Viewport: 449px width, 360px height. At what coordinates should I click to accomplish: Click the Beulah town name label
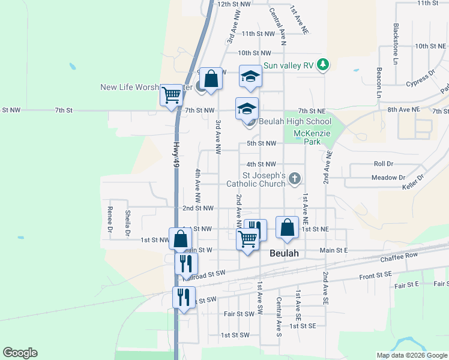[284, 253]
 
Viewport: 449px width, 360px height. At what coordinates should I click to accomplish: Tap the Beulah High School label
[295, 121]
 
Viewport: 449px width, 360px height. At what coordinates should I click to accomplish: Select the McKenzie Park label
[316, 137]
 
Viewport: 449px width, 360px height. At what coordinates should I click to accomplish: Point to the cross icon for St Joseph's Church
[294, 178]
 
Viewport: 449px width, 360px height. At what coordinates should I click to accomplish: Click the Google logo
[20, 353]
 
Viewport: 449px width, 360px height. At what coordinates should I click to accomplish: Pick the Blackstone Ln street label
[396, 36]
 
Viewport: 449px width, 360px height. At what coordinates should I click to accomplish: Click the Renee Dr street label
[110, 220]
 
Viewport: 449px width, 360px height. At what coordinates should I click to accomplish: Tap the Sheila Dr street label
[127, 222]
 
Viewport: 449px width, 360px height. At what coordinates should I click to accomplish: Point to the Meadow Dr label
[388, 178]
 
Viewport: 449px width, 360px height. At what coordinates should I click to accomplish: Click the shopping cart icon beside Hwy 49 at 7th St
[172, 95]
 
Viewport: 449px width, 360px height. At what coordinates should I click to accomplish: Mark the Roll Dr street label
[383, 163]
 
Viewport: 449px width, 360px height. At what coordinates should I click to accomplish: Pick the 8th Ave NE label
[404, 110]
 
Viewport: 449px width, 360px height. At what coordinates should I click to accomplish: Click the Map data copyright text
[412, 355]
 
